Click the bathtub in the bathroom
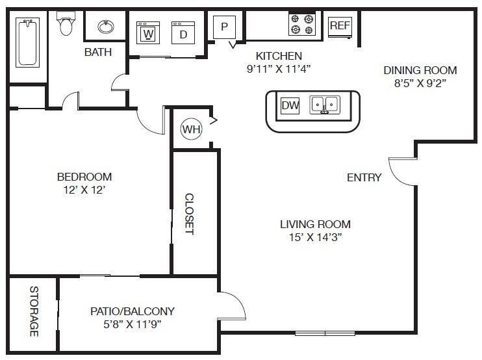[27, 42]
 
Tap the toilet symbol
[66, 25]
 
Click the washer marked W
[148, 32]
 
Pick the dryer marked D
[183, 33]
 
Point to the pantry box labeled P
[225, 27]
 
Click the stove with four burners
[302, 25]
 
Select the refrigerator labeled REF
[339, 25]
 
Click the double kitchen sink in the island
[324, 105]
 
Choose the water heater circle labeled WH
[192, 129]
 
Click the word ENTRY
[364, 177]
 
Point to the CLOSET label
[190, 214]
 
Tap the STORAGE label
[34, 312]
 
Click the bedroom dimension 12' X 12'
[81, 190]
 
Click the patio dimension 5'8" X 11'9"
[132, 324]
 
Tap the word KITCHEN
[279, 56]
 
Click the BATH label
[98, 52]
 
